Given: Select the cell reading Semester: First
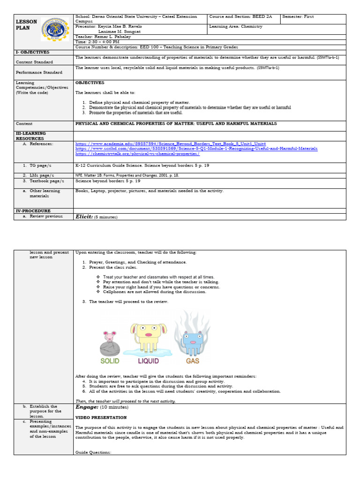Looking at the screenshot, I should tap(299, 17).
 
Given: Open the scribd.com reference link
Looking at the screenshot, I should tap(196, 149).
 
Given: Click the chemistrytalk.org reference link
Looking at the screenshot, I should tap(137, 154).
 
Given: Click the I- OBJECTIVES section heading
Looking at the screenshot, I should tap(32, 52).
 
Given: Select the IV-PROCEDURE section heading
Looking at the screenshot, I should tap(33, 211).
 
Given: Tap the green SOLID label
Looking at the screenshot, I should tap(110, 361).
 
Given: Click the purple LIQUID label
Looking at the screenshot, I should tap(148, 361).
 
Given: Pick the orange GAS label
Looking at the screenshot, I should tap(192, 361).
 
